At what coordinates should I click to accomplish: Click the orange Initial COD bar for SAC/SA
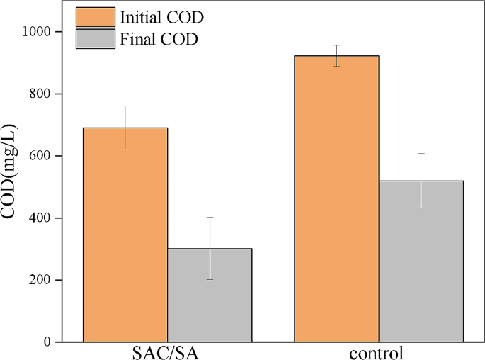click(x=126, y=235)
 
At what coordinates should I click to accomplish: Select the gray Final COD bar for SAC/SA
click(x=210, y=295)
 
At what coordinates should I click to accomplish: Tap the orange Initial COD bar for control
click(x=336, y=198)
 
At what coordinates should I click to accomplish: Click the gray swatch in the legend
click(x=94, y=39)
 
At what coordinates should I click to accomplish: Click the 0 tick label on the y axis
click(x=47, y=342)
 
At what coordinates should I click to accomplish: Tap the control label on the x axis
click(x=379, y=352)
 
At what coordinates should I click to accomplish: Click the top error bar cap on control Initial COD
click(x=336, y=45)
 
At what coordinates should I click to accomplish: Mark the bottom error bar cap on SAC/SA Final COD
click(x=210, y=279)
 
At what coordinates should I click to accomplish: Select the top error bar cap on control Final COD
click(x=421, y=153)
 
